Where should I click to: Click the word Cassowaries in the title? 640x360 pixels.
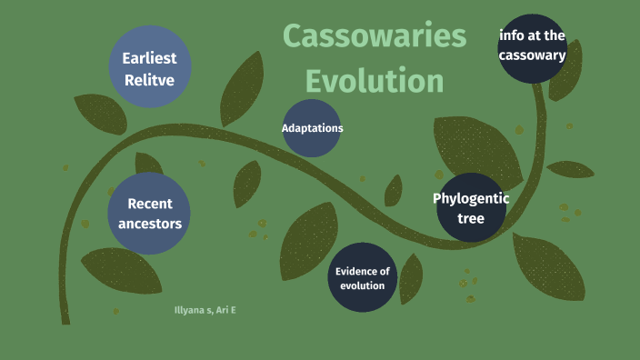374,36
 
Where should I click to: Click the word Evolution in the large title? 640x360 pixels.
374,80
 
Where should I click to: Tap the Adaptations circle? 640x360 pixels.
312,128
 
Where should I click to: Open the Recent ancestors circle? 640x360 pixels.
149,214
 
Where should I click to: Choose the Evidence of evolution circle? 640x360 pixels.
362,277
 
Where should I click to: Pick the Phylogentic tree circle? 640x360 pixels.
471,208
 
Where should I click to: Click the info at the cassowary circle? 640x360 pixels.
532,47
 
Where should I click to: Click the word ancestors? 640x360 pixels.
150,224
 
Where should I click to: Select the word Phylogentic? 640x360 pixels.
471,198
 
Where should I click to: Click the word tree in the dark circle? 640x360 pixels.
471,219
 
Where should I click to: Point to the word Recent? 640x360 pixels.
150,204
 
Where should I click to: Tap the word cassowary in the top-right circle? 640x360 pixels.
532,55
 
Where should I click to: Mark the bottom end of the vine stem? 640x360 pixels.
65,320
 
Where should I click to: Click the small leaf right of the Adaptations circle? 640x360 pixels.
394,191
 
